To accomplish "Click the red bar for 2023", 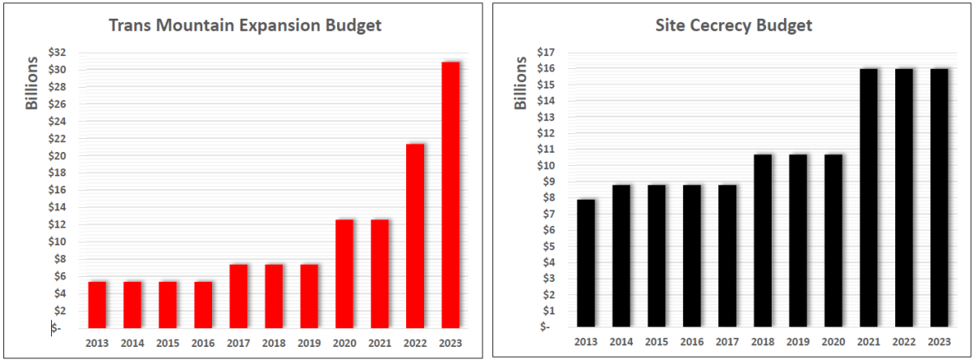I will [449, 195].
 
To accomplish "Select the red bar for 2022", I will [414, 236].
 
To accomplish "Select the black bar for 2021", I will [869, 198].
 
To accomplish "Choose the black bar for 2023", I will [939, 198].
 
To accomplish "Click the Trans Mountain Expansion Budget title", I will [245, 25].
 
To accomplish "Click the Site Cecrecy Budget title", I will [734, 25].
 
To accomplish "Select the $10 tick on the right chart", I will [546, 166].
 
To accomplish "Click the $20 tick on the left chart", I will [57, 156].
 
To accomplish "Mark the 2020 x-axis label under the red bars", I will [344, 343].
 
